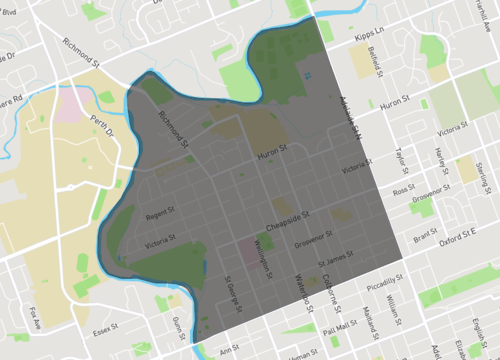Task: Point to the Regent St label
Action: (160, 214)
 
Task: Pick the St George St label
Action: (232, 292)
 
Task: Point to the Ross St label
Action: (403, 190)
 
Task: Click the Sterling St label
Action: (486, 156)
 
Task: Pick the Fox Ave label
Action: (36, 315)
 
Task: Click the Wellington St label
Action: (263, 258)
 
